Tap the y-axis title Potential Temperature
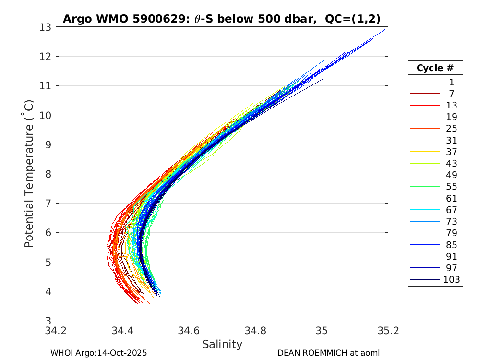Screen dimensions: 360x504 (29, 173)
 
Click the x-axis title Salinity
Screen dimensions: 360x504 (222, 344)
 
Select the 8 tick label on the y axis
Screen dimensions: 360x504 (48, 174)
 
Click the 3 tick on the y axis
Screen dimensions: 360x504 (48, 320)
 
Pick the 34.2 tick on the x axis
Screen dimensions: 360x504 (56, 331)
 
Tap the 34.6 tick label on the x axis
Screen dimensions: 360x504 (189, 331)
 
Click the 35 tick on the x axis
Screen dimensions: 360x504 (322, 331)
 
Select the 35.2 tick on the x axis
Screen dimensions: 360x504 (388, 331)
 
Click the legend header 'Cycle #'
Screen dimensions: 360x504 (435, 68)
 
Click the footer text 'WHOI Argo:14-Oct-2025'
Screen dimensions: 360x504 (98, 353)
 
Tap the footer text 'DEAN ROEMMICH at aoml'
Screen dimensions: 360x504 (328, 353)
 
